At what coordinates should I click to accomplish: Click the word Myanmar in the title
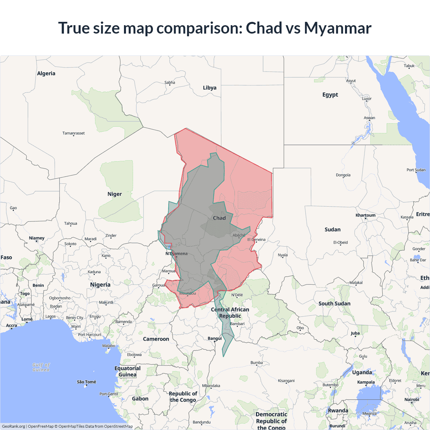point(338,28)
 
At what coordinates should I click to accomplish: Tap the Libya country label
point(210,88)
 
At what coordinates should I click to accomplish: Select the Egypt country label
point(330,95)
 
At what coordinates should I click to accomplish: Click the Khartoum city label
point(365,215)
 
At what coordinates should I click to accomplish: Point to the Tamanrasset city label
point(74,133)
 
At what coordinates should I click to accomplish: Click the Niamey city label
point(37,238)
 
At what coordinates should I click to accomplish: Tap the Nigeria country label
point(100,285)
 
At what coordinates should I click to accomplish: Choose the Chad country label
point(219,218)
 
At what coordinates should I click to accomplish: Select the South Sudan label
point(334,304)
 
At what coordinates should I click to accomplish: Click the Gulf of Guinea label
point(41,367)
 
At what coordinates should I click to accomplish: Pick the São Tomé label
point(86,382)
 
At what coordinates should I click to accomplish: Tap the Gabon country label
point(140,399)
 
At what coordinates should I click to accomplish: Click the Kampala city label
point(366,382)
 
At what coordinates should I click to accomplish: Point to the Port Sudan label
point(416,170)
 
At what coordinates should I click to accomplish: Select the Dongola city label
point(343,175)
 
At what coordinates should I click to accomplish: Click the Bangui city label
point(215,338)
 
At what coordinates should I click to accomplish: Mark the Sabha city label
point(170,83)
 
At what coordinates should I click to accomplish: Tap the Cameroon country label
point(156,339)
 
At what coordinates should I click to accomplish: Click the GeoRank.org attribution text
point(13,426)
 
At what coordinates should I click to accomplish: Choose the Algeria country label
point(46,74)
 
